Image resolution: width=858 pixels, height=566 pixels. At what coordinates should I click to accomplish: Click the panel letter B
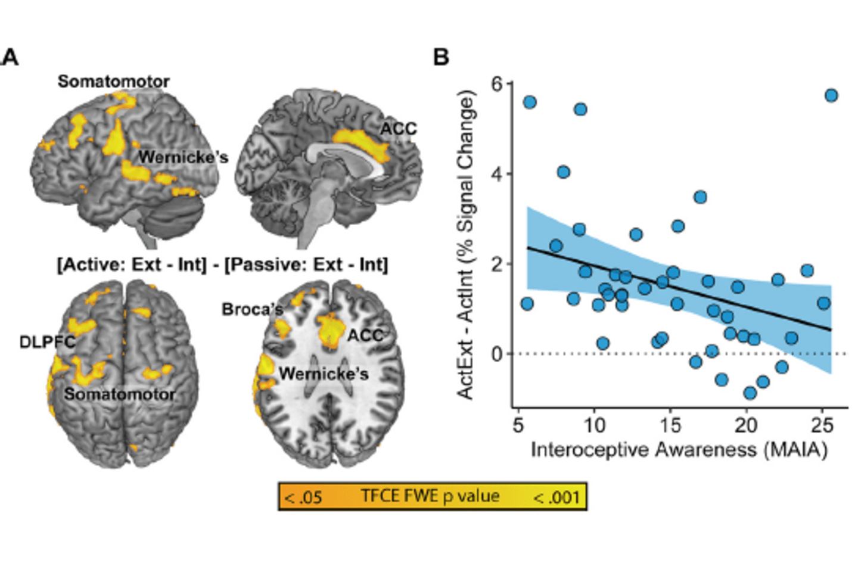[x=441, y=57]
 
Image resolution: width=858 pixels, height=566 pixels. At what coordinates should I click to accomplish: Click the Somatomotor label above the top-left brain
[x=113, y=82]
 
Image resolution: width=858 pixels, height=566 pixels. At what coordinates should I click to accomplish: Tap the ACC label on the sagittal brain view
[x=399, y=129]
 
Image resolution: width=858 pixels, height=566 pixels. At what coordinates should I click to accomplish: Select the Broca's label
[x=252, y=309]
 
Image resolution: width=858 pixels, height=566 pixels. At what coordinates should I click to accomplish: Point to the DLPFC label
[x=47, y=341]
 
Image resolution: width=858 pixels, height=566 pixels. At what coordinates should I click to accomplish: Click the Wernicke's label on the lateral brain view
[x=183, y=157]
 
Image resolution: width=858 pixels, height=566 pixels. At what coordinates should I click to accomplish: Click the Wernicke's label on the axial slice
[x=324, y=374]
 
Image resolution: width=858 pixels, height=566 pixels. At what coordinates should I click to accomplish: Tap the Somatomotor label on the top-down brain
[x=120, y=394]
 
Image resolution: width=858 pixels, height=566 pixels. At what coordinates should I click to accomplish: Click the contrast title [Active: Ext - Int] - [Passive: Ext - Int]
[x=222, y=264]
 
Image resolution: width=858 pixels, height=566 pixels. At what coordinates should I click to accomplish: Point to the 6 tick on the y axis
[x=496, y=84]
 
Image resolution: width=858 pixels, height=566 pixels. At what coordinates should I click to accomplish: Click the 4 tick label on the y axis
[x=496, y=174]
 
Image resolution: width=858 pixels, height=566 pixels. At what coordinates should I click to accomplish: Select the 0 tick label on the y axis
[x=496, y=354]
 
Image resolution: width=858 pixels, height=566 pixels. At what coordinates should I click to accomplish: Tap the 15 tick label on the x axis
[x=670, y=425]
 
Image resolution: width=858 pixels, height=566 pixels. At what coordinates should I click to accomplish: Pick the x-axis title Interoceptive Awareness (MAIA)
[x=679, y=449]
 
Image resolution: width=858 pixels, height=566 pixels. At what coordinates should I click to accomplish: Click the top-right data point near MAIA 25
[x=831, y=95]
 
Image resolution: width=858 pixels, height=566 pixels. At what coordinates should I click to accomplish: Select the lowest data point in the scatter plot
[x=750, y=393]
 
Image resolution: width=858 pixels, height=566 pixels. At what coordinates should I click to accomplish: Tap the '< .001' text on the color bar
[x=557, y=497]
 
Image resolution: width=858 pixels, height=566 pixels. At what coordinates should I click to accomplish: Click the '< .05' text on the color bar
[x=303, y=497]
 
